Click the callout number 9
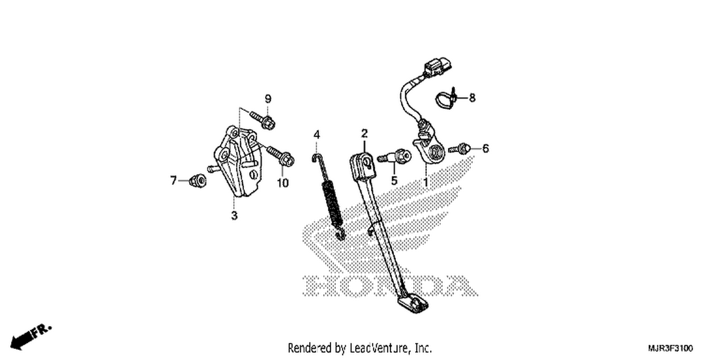point(268,99)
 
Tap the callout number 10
point(283,183)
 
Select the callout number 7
point(174,180)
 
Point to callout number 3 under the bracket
point(234,216)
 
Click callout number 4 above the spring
point(317,135)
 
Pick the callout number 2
point(364,133)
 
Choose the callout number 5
point(395,180)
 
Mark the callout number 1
point(426,182)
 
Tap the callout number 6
point(485,148)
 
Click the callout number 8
point(472,97)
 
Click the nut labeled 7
point(198,180)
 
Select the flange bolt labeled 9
point(263,119)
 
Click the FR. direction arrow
point(31,337)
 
